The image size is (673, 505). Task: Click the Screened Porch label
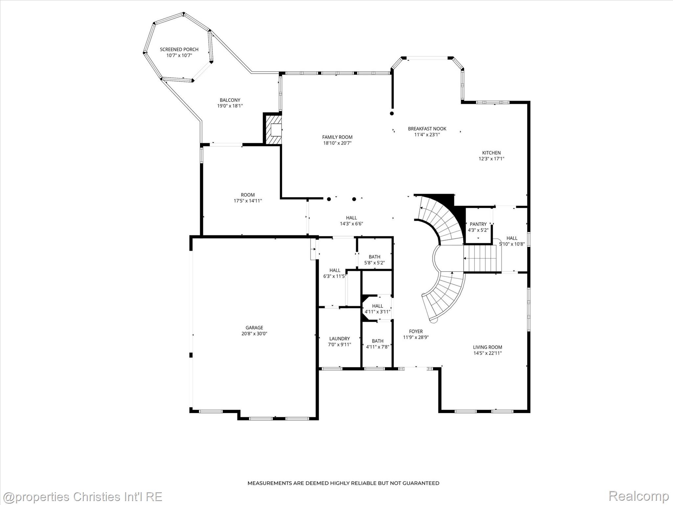tap(179, 49)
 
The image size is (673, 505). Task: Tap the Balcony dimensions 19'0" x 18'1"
tap(230, 106)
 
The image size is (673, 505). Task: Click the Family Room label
tap(337, 137)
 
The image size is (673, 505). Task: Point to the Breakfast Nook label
tap(427, 129)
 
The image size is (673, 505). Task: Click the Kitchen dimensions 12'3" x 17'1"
tap(491, 159)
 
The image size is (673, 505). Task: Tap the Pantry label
tap(478, 224)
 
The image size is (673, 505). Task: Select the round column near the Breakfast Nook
tap(392, 113)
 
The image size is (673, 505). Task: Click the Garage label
tap(254, 327)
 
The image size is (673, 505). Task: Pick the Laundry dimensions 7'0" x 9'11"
tap(339, 345)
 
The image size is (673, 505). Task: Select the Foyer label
tap(416, 331)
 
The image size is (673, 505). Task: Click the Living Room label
tap(487, 347)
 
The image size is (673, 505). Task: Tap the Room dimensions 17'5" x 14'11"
tap(248, 201)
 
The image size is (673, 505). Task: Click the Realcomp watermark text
tap(638, 496)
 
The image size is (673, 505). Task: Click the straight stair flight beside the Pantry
tap(480, 259)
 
